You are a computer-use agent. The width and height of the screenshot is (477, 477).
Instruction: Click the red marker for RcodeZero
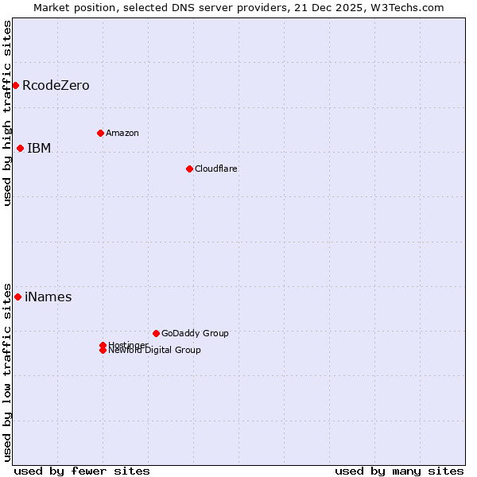point(15,85)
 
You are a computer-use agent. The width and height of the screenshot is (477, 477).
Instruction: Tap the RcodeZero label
point(56,85)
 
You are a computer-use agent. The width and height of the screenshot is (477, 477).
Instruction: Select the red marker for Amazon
point(100,133)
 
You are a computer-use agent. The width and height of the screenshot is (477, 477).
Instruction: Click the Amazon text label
point(122,133)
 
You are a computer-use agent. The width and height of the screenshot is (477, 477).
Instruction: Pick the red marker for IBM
point(20,148)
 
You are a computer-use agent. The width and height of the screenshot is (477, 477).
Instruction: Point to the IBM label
point(39,148)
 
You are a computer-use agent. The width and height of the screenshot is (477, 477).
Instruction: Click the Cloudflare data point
point(189,169)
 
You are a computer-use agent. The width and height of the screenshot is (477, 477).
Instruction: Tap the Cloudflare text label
point(215,169)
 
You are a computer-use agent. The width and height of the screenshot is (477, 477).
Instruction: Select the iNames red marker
point(17,297)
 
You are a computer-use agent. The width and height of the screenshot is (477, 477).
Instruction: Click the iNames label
point(48,297)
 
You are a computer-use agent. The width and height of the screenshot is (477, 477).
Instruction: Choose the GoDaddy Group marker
point(156,333)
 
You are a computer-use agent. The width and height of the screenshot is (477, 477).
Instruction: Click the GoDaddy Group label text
point(195,333)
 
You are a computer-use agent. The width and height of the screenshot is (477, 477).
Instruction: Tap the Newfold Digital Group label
point(154,351)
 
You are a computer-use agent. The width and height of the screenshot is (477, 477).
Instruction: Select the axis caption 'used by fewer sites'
point(82,471)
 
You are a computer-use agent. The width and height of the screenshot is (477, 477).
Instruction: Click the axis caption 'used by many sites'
point(399,471)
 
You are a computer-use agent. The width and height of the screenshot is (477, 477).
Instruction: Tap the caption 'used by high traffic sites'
point(7,113)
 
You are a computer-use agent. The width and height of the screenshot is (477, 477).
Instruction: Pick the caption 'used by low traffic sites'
point(7,371)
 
